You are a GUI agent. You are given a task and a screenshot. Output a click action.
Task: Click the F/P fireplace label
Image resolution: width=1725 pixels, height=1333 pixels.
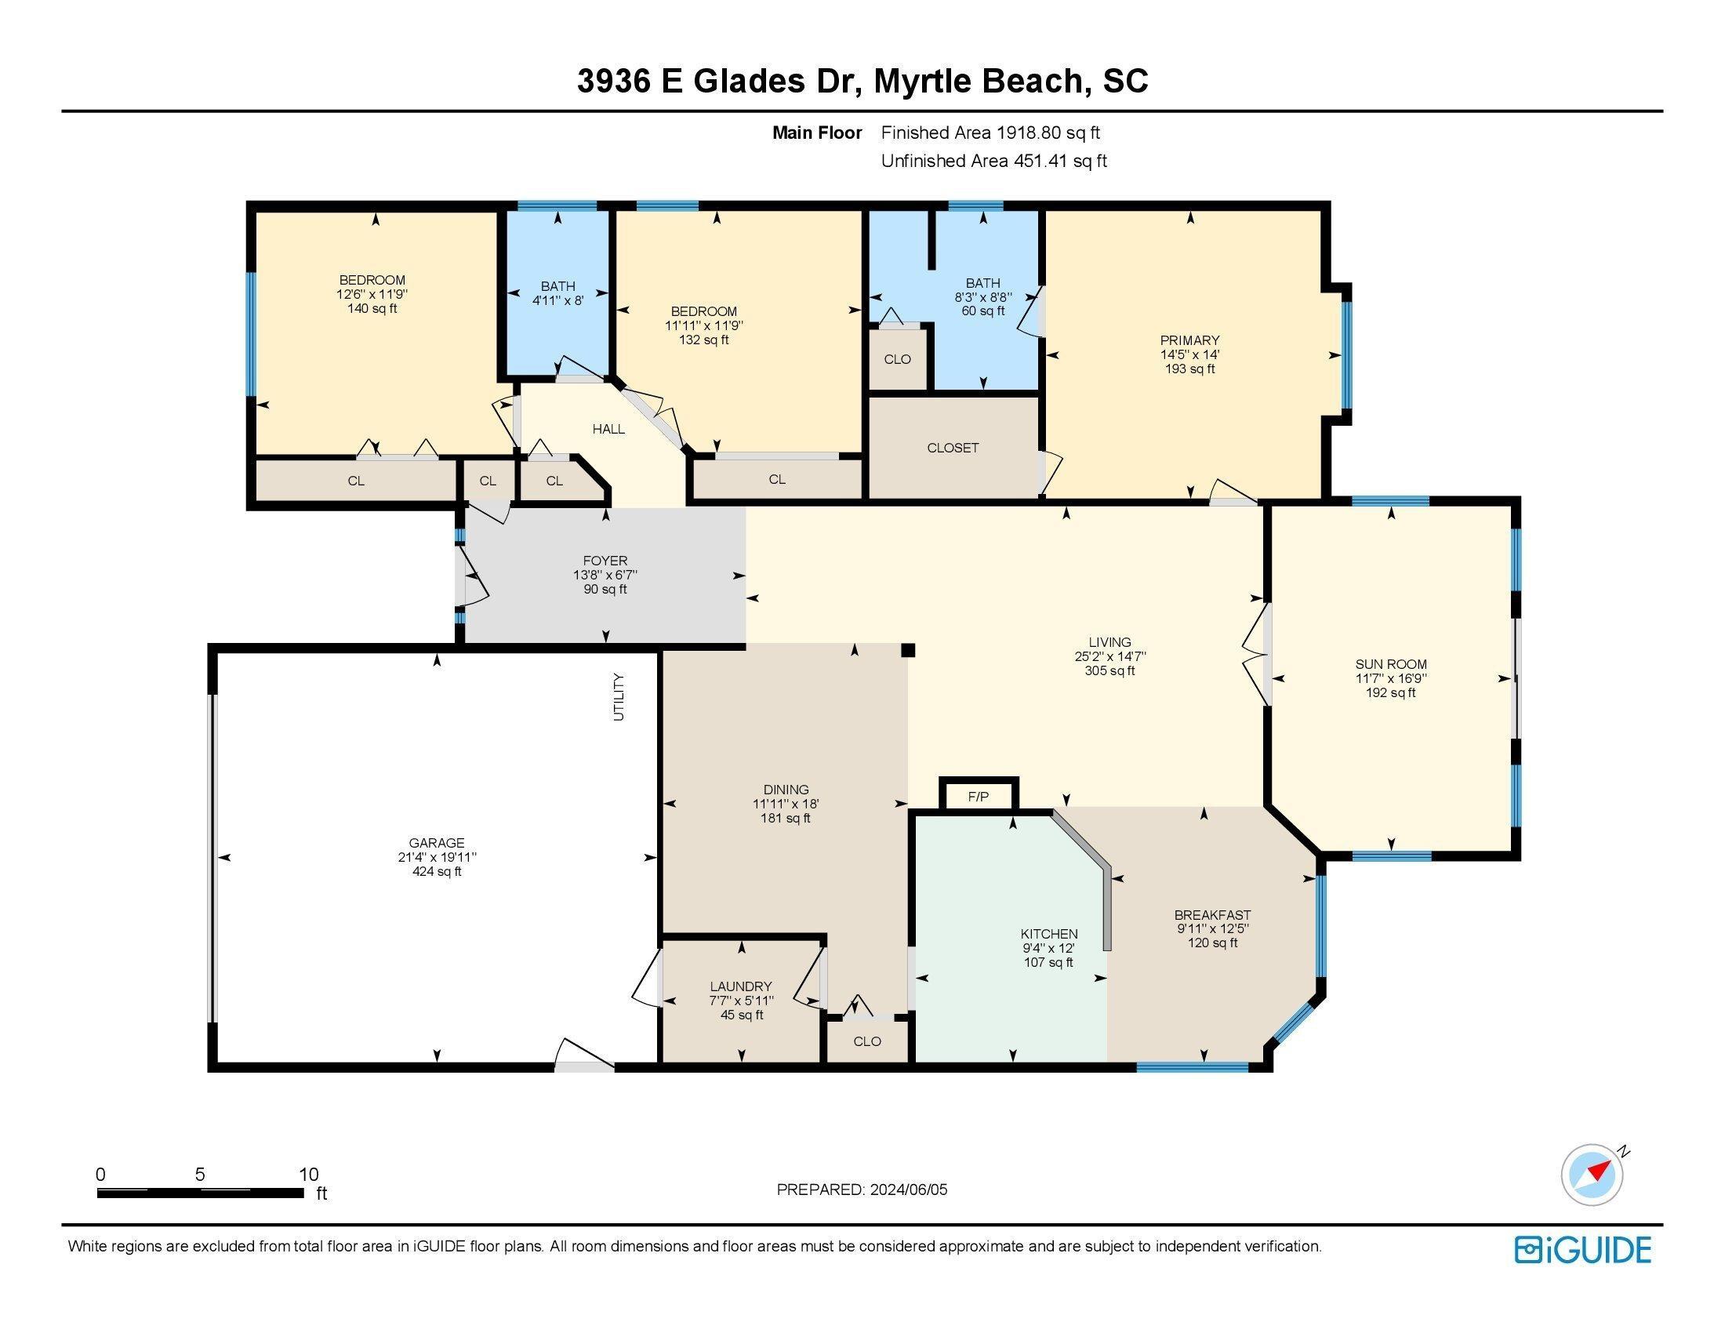coord(978,797)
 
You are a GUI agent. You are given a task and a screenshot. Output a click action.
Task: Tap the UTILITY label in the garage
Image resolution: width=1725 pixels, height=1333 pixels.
coord(619,696)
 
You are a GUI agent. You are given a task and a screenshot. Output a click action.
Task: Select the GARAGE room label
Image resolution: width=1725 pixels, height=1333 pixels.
coord(437,843)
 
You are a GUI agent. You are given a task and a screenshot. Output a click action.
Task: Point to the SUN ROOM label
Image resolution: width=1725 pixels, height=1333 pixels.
coord(1391,664)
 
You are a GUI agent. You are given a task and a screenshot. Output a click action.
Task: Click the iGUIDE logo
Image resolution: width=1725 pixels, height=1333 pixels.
coord(1583,1249)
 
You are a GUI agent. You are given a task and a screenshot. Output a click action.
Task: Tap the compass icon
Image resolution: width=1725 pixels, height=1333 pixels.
coord(1592,1197)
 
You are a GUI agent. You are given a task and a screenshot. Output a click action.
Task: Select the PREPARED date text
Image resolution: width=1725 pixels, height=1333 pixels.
coord(862,1190)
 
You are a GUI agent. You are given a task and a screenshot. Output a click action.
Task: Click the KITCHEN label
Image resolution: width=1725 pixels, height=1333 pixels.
coord(1049,933)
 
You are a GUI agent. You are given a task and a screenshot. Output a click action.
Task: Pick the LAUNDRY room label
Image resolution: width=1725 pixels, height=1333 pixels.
coord(741,986)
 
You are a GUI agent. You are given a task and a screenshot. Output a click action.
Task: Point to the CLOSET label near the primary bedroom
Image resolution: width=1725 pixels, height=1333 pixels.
coord(953,448)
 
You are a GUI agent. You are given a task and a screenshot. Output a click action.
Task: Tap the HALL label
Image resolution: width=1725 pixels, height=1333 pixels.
coord(608,429)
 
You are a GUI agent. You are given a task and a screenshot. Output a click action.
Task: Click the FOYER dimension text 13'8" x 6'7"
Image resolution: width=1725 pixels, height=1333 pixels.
coord(605,575)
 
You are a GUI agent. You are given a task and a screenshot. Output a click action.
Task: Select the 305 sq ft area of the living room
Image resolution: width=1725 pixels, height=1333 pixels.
coord(1109,670)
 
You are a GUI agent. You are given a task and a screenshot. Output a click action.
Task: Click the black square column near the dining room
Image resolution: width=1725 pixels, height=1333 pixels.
coord(908,650)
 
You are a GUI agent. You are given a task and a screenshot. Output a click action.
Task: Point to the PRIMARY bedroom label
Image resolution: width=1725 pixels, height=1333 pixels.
coord(1190,340)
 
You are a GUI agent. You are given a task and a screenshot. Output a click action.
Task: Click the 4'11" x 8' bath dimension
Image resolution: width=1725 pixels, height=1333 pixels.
coord(557,300)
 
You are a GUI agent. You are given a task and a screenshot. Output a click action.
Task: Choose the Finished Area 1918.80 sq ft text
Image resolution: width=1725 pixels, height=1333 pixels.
coord(990,133)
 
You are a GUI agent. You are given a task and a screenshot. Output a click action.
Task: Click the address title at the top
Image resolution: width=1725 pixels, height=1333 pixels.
coord(862,82)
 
